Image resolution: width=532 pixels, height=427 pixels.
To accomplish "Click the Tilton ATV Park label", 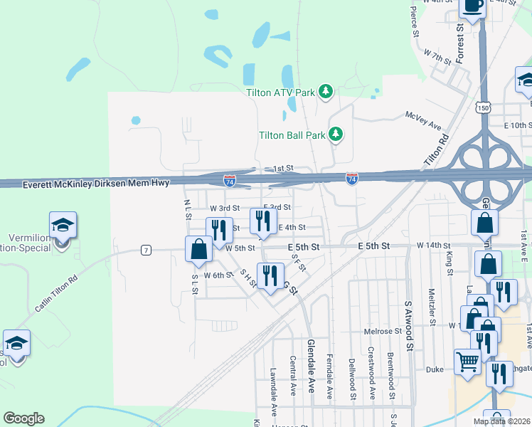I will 280,92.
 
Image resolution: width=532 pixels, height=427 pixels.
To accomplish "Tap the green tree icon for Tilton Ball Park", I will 336,134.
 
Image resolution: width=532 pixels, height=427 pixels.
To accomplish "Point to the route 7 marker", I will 146,250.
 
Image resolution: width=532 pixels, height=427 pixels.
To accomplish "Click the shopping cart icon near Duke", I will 467,362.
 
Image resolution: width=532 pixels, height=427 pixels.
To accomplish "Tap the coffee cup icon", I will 473,6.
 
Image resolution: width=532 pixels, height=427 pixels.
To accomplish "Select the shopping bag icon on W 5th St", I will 198,249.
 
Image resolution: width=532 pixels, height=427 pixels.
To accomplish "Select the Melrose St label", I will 383,332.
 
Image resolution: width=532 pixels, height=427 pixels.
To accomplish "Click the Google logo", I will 23,418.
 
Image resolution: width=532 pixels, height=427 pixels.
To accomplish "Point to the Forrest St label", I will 460,45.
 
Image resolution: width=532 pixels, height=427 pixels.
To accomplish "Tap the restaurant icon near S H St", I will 270,275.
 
